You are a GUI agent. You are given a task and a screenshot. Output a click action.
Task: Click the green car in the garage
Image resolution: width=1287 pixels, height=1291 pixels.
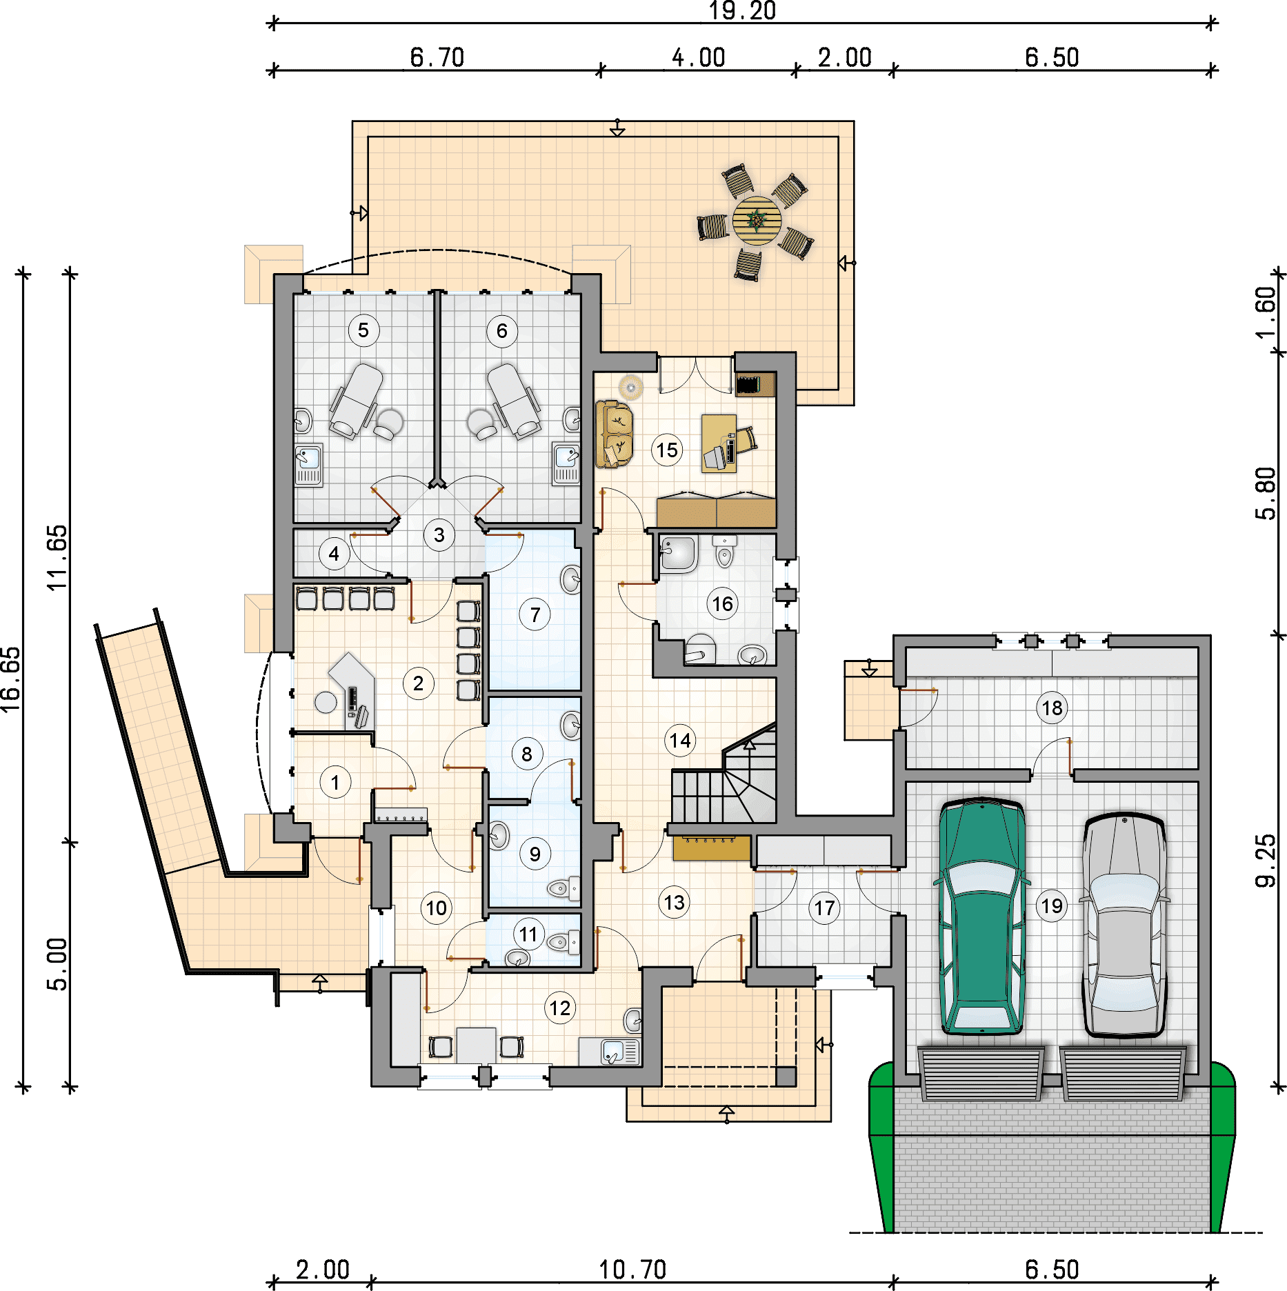click(x=981, y=916)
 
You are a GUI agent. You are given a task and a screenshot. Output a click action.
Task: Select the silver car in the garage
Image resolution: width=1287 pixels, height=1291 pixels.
click(x=1124, y=924)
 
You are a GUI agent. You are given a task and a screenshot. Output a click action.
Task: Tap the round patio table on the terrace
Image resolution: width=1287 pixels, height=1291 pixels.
click(x=757, y=221)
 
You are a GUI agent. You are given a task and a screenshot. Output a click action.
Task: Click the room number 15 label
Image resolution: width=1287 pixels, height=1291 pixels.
click(x=667, y=450)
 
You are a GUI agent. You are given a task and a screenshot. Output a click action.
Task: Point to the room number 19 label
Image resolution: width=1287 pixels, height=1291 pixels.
click(x=1052, y=905)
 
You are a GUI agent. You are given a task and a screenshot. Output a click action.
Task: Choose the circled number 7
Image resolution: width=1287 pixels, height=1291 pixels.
click(x=535, y=614)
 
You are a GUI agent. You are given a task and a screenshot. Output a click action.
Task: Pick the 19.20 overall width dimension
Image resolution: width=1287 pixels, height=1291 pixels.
click(x=743, y=11)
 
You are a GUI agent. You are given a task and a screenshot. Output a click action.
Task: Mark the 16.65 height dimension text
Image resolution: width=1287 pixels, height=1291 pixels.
click(x=12, y=679)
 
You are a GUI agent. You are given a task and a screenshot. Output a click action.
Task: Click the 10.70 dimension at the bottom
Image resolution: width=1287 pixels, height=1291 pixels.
click(x=632, y=1270)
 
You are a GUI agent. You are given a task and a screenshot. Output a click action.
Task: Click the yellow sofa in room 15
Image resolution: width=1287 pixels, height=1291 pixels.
click(x=614, y=434)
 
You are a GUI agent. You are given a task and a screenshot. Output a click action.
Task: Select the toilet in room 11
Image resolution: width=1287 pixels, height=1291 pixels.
click(x=563, y=941)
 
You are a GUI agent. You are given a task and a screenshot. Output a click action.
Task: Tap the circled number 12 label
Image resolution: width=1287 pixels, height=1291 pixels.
click(x=560, y=1008)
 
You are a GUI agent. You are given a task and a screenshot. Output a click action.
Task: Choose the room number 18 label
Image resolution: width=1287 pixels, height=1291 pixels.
click(x=1052, y=708)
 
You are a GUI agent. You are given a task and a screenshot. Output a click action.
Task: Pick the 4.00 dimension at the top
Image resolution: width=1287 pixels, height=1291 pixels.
click(x=699, y=58)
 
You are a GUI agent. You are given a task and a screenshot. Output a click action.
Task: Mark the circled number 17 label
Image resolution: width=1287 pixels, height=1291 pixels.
click(x=825, y=908)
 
